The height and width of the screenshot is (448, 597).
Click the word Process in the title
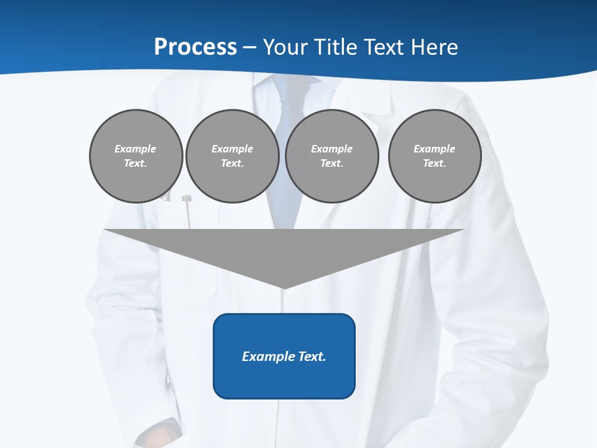pyautogui.click(x=195, y=47)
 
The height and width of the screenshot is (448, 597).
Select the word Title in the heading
pyautogui.click(x=340, y=47)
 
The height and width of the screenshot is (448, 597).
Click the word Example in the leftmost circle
pyautogui.click(x=136, y=149)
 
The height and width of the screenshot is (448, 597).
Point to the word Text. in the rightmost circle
pyautogui.click(x=434, y=163)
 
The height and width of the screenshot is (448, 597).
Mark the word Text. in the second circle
pyautogui.click(x=232, y=163)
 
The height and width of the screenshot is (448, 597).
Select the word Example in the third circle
pyautogui.click(x=331, y=149)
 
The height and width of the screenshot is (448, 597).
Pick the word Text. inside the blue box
pyautogui.click(x=312, y=357)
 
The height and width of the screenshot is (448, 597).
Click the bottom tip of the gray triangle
pyautogui.click(x=284, y=287)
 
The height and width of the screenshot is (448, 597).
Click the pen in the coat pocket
pyautogui.click(x=186, y=212)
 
